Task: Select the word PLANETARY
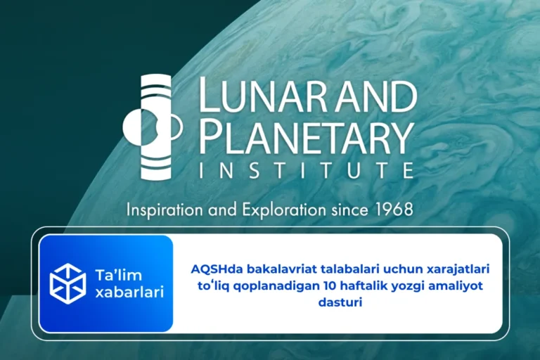point(305,136)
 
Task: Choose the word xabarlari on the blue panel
point(128,292)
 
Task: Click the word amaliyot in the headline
point(458,285)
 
